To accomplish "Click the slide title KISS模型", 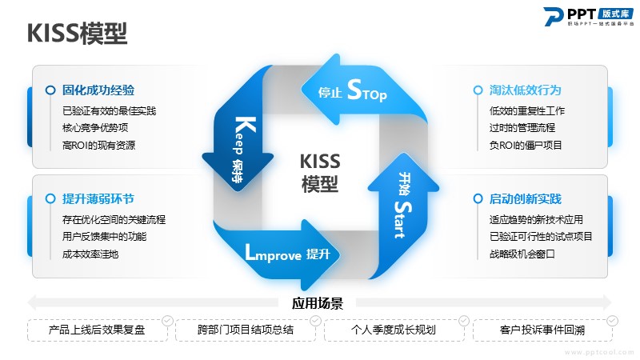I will tap(77, 33).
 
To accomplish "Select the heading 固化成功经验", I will tap(98, 90).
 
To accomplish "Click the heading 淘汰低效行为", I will tap(525, 90).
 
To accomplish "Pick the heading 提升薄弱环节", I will tap(98, 199).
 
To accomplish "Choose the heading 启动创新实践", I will tap(525, 199).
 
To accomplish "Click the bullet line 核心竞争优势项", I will tap(95, 128).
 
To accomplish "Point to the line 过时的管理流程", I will tap(522, 128).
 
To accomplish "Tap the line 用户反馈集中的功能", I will tap(104, 237).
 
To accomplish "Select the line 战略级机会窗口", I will tap(522, 254).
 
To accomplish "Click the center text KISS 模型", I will tap(320, 173).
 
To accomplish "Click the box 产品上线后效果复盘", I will tap(97, 330).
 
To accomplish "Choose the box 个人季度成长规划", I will tap(394, 330).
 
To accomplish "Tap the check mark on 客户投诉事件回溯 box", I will tap(612, 320).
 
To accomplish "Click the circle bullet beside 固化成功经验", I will tap(50, 90).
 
